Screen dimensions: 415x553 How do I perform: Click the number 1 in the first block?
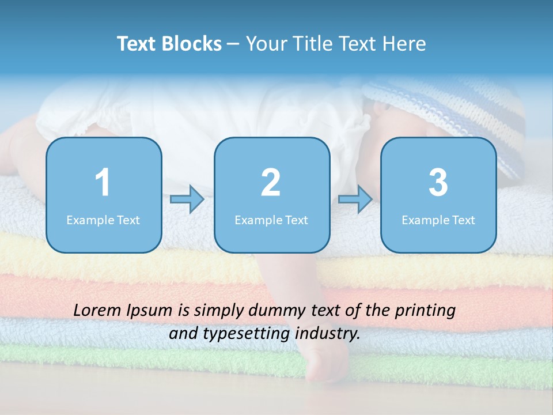pos(103,183)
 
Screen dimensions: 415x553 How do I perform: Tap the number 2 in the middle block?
pos(271,183)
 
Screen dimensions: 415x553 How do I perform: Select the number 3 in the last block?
pos(438,183)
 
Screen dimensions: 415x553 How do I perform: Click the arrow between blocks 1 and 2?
pos(187,199)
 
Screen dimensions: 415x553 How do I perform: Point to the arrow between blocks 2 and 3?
pos(355,199)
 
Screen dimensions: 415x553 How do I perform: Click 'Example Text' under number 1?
pos(103,220)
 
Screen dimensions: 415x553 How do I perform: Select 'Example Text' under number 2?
pos(271,220)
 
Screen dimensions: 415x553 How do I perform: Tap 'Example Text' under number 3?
pos(438,220)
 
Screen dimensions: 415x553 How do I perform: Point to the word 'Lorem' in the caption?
pos(98,310)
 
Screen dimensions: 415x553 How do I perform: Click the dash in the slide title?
pos(233,44)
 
